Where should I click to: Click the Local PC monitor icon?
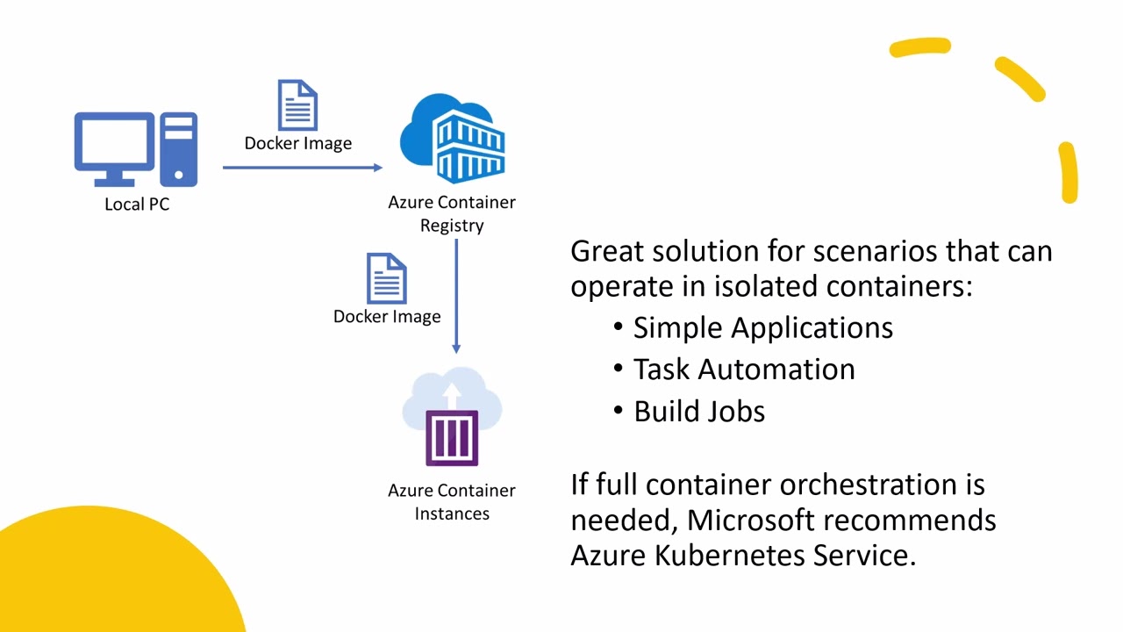coord(114,145)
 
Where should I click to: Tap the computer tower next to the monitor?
coord(179,149)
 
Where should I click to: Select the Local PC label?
coord(137,205)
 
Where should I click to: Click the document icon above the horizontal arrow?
coord(297,105)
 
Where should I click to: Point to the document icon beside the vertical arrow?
coord(386,278)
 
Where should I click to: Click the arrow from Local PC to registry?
coord(302,167)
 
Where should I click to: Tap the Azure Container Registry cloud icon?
coord(453,140)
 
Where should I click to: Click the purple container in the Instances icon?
coord(452,437)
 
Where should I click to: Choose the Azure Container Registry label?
coord(452,213)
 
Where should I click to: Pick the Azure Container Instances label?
coord(452,502)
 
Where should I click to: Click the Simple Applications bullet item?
coord(762,327)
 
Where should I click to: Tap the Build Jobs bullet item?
coord(699,412)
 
